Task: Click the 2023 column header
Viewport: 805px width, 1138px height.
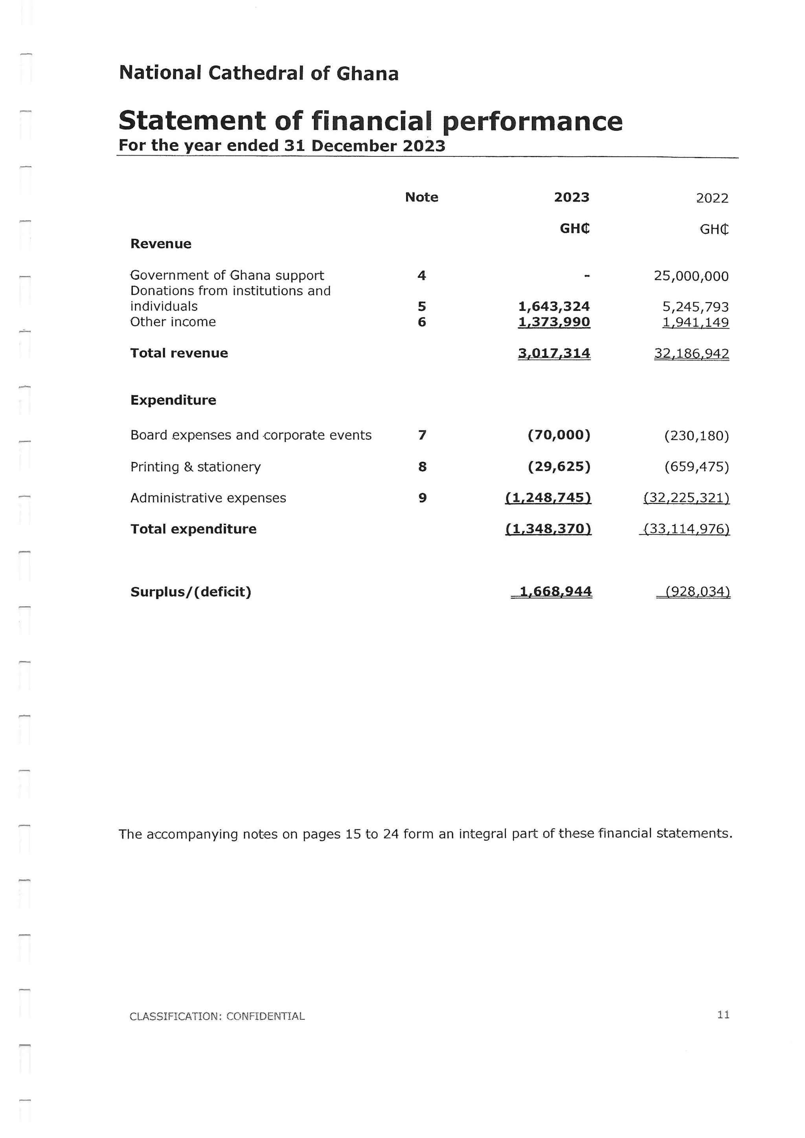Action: [572, 197]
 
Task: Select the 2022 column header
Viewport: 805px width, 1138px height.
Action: [712, 198]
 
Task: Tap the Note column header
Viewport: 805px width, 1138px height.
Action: [421, 197]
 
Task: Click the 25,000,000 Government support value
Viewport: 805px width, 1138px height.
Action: [691, 276]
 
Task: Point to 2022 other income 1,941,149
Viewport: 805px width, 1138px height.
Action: [695, 323]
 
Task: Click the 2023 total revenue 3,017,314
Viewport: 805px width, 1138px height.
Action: [554, 353]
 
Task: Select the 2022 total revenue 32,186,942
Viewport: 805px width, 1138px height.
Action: [691, 354]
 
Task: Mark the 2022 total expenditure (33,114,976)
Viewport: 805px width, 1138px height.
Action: [686, 529]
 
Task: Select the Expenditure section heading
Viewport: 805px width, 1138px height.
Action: [173, 400]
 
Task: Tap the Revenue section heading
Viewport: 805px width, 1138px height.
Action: [161, 244]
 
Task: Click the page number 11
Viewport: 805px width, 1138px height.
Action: [723, 1015]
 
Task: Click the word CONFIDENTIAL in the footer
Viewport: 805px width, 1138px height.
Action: [265, 1016]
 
